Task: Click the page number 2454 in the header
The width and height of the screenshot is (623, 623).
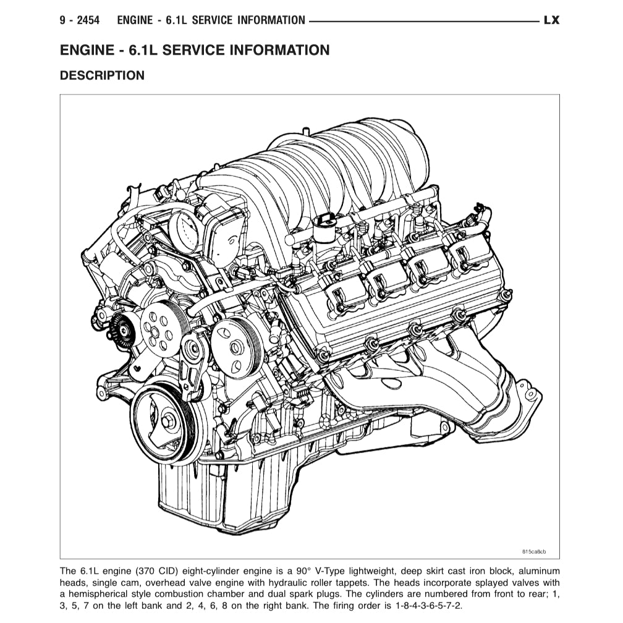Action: coord(88,20)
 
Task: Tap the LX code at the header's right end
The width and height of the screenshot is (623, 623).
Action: coord(551,20)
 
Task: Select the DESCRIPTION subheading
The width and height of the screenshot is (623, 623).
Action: coord(102,75)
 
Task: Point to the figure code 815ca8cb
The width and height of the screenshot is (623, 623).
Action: coord(534,551)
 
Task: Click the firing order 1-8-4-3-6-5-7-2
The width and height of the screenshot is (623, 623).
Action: coord(429,606)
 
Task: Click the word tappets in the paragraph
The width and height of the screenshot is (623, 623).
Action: coord(353,583)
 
